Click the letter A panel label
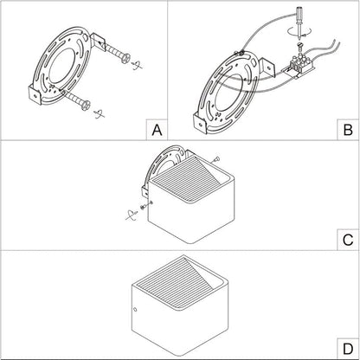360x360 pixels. pos(157,130)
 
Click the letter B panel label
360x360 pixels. pos(348,130)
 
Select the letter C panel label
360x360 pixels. pos(348,240)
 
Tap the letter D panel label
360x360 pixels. pos(348,350)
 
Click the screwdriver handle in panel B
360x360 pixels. pos(299,13)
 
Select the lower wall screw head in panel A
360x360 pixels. pos(86,105)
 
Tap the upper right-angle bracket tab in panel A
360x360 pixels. pos(99,42)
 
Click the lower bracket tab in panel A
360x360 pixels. pos(35,95)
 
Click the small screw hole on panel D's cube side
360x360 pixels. pos(135,310)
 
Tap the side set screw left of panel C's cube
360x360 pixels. pos(145,206)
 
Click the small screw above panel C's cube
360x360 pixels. pos(216,158)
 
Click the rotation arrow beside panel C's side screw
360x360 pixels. pos(132,215)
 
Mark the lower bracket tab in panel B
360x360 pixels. pos(200,124)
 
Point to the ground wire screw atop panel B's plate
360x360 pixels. pos(239,53)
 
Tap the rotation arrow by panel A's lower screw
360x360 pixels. pos(99,113)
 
